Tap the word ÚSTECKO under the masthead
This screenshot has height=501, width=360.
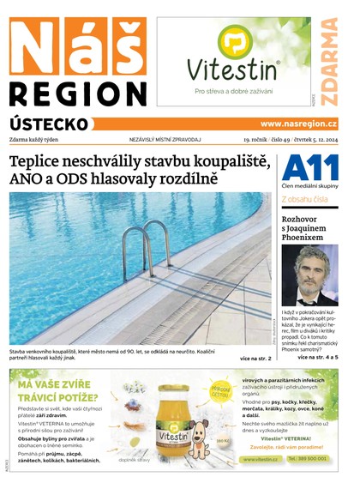tap(49, 124)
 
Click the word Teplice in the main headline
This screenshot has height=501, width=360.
tap(39, 162)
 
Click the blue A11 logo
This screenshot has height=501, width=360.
tap(309, 168)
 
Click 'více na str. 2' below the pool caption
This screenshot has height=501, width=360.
tap(255, 358)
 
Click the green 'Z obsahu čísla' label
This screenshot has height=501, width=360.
tap(304, 199)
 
